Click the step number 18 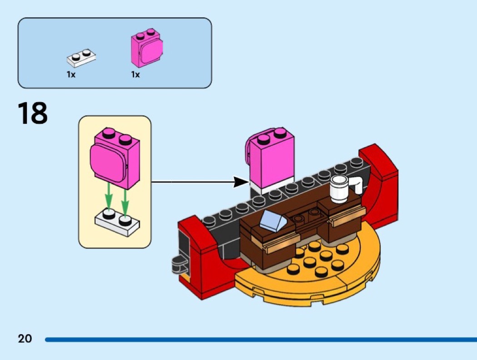click(32, 113)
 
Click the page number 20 click(25, 338)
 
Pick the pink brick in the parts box click(146, 49)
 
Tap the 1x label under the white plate click(71, 74)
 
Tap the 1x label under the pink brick click(135, 74)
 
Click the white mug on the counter click(339, 189)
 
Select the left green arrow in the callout click(108, 196)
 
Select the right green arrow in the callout click(125, 196)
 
